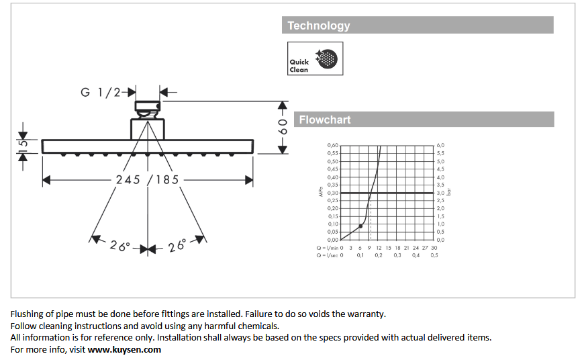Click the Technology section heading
pos(319,26)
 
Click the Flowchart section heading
pos(325,120)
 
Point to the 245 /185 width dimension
pos(147,180)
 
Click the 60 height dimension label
pos(283,126)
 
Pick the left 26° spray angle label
pos(119,246)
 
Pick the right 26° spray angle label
pos(177,246)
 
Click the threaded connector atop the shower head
pos(147,106)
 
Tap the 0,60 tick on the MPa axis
pos(333,146)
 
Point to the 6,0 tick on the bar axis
pos(440,146)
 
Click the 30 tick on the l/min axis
pos(434,248)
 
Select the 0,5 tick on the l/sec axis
pos(434,255)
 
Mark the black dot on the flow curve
pos(361,226)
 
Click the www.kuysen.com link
pos(124,349)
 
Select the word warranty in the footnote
pos(366,314)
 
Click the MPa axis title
pos(321,193)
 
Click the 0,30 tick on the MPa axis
pos(333,193)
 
